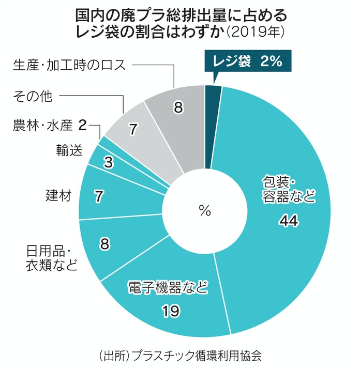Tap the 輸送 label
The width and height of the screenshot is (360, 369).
(x=69, y=150)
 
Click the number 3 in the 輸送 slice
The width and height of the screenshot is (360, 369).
(x=108, y=162)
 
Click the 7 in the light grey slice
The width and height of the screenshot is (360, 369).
(x=132, y=129)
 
